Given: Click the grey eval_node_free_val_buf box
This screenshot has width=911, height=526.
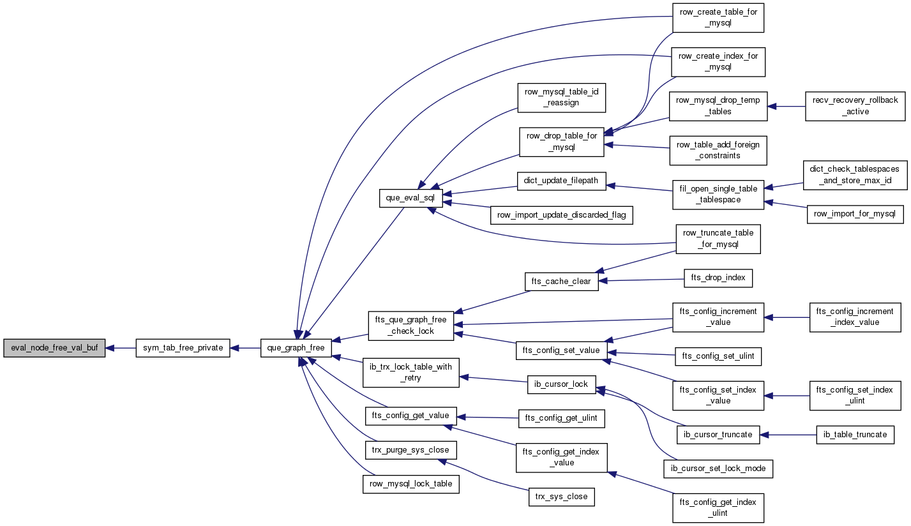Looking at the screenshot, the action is coord(54,349).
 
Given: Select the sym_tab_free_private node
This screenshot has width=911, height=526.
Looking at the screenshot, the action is coord(183,349).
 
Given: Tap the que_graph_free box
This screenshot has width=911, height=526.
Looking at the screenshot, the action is coord(296,349).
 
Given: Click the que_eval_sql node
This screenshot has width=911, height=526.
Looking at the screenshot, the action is coord(410,198).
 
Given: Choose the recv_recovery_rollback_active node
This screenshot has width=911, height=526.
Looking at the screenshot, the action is coord(855,106).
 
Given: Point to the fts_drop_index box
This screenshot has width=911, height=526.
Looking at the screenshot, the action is coord(718,278).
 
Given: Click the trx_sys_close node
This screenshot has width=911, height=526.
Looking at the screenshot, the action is coord(561,497).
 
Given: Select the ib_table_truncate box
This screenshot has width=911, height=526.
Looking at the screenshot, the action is coord(855,435).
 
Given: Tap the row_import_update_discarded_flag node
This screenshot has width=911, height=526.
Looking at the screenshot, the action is coord(561,215).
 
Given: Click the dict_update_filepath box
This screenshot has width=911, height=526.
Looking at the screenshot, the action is coord(561,181).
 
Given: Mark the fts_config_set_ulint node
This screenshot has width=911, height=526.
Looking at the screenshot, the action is coord(718,356).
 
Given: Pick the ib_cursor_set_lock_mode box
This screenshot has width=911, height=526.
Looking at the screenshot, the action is coord(718,469).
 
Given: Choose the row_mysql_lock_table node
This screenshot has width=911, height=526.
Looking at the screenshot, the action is coord(410,484).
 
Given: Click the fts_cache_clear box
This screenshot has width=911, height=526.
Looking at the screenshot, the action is coord(561,282).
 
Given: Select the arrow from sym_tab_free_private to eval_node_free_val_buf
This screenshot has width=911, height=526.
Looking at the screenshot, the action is coord(121,349).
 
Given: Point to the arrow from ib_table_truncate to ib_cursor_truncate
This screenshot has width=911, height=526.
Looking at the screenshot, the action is coord(788,435).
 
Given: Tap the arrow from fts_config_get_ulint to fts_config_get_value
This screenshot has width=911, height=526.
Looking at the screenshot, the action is coord(488,417).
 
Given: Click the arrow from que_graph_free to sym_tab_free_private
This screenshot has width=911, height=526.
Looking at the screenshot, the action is coord(245,349).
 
